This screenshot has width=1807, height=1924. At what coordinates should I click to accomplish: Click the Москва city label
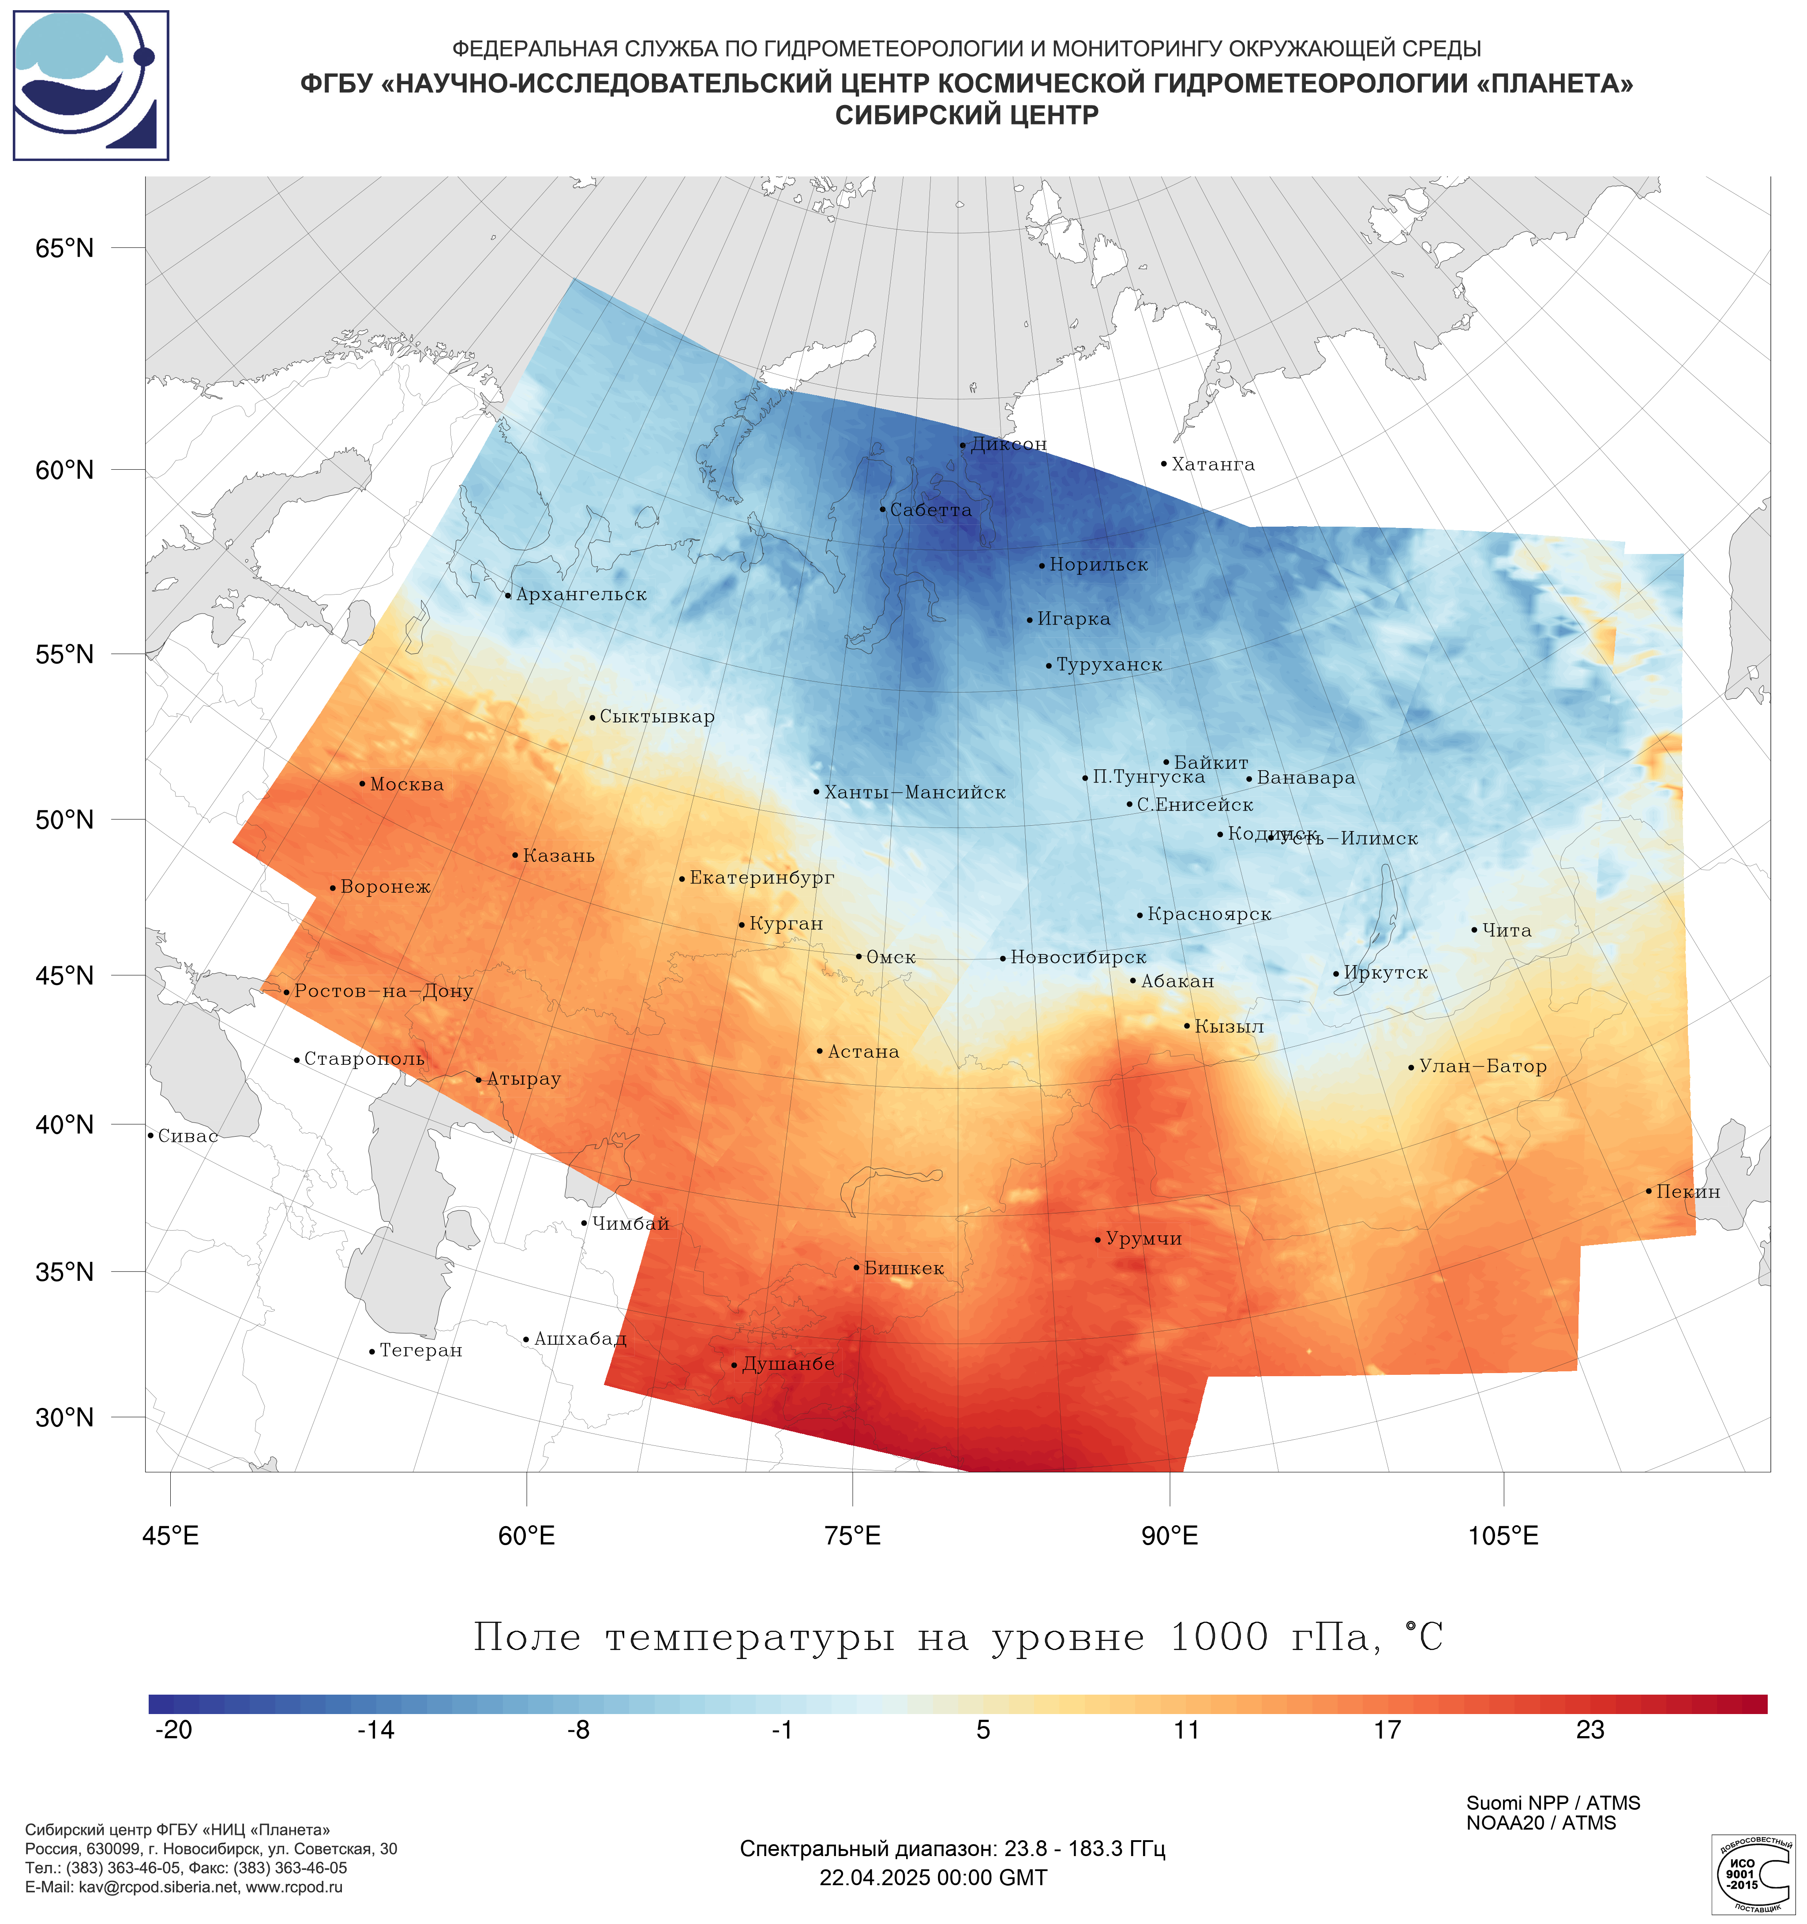406,785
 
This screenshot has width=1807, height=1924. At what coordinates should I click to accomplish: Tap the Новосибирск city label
1077,958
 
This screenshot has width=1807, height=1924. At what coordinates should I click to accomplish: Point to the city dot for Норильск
1042,566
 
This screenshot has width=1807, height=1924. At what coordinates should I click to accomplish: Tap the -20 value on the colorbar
174,1730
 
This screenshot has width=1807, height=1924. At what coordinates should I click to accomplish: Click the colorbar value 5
983,1730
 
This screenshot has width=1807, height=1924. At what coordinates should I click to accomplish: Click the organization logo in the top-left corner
91,85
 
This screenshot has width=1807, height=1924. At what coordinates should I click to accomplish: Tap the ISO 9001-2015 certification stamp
1752,1875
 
